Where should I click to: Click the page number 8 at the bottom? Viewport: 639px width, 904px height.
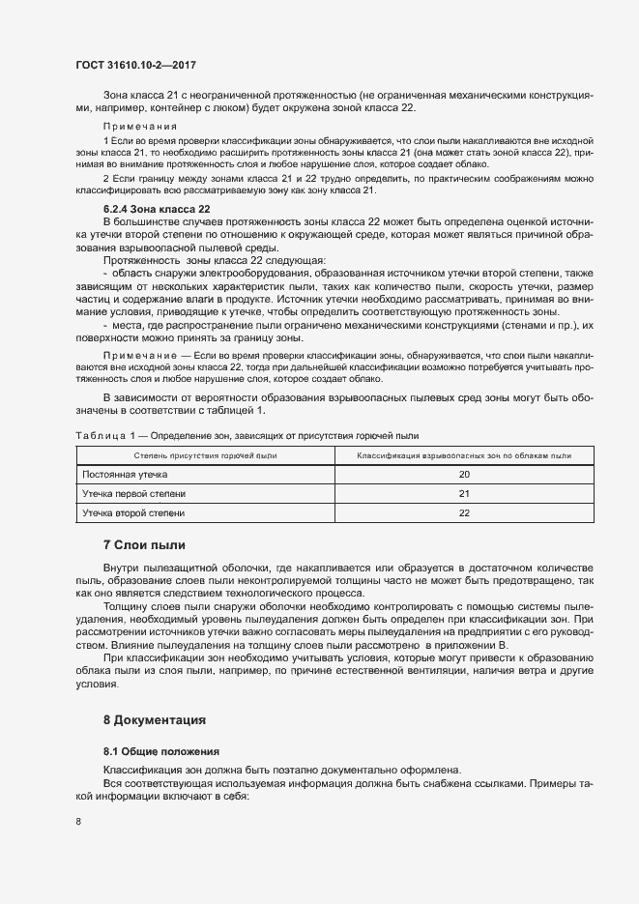(77, 822)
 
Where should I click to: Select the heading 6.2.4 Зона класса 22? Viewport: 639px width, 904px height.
(157, 209)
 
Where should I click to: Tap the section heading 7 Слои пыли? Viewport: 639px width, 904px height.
(144, 544)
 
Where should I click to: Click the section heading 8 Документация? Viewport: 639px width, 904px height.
(155, 720)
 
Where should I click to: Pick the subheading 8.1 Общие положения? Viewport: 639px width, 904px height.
(161, 751)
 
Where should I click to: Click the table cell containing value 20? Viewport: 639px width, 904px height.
(464, 475)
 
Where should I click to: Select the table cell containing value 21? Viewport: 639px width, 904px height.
(464, 494)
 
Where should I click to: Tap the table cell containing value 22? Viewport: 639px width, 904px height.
(464, 513)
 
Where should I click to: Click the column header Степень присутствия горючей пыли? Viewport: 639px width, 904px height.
(205, 454)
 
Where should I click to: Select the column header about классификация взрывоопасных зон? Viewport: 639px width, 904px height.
(464, 454)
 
